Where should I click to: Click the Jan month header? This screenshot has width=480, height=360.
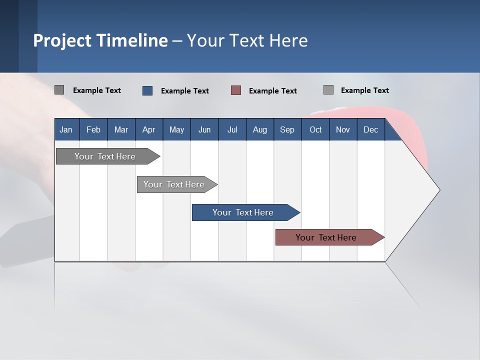tap(66, 129)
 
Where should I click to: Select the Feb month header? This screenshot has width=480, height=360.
tap(93, 129)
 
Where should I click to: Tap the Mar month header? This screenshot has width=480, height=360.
tap(121, 129)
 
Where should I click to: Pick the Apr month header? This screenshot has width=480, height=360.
tap(149, 129)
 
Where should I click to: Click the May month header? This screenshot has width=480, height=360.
tap(176, 129)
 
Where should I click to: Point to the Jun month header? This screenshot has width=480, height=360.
tap(204, 129)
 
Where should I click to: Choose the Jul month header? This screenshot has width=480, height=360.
tap(232, 129)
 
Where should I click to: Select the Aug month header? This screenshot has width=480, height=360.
tap(260, 129)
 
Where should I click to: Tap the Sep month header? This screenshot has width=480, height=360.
tap(287, 129)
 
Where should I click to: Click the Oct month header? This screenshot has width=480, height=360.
tap(315, 129)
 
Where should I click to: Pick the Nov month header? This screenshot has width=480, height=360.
tap(343, 129)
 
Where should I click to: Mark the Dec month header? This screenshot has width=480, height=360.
tap(371, 129)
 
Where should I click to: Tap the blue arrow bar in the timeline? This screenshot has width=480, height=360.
tap(243, 212)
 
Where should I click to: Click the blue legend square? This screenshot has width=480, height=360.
tap(147, 90)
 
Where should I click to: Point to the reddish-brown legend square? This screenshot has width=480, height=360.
tap(236, 90)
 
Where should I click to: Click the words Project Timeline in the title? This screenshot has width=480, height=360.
tap(100, 40)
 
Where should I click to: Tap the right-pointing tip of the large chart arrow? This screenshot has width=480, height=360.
tap(438, 189)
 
